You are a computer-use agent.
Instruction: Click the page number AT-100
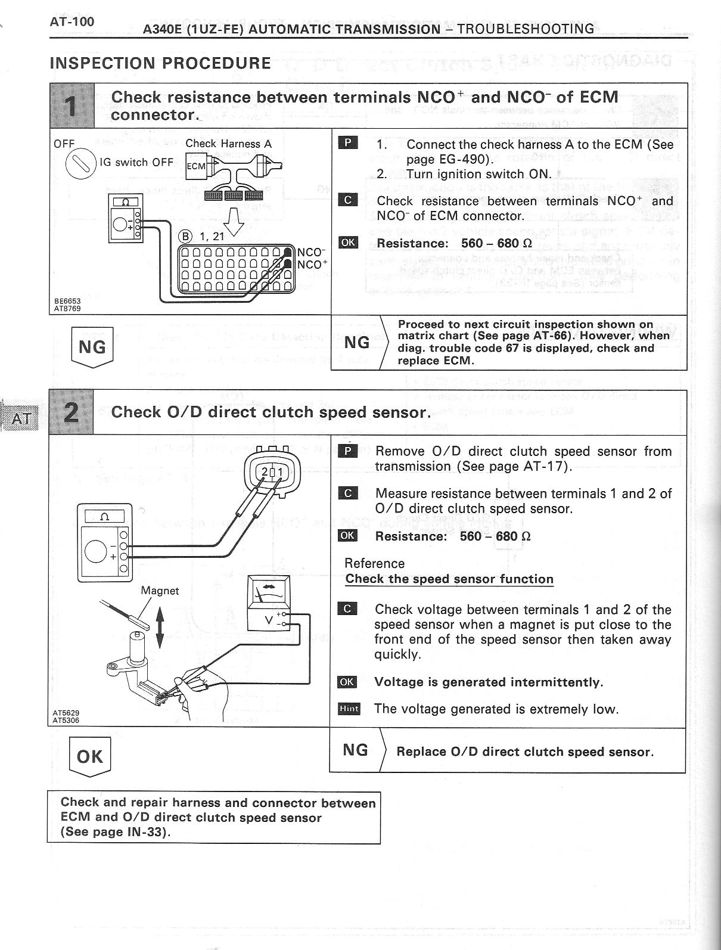72,23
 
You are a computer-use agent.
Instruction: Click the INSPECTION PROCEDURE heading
160,63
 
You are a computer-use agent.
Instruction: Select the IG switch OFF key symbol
80,163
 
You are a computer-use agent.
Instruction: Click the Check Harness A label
228,144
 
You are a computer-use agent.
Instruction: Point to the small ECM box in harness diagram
196,166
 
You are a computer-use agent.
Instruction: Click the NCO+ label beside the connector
312,265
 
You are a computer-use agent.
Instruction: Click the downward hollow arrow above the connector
237,221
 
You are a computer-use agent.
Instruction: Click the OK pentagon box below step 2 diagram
90,756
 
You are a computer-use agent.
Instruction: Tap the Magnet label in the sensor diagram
160,591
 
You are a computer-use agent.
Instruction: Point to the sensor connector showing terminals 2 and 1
272,472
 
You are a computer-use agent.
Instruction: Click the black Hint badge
349,709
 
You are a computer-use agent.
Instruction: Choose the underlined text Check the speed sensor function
449,579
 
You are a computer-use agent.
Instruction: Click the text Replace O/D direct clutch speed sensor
524,752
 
